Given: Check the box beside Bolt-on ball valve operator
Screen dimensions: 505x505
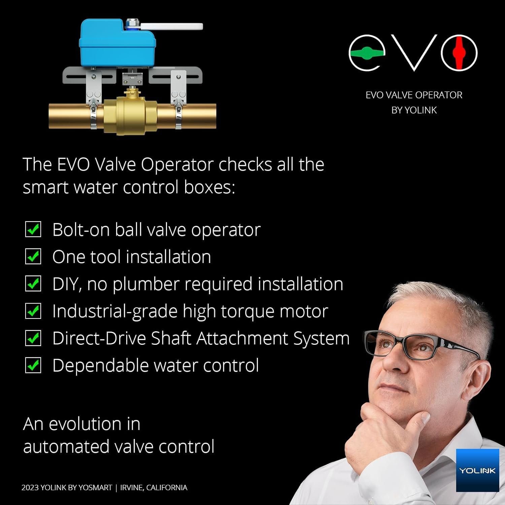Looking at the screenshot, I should [33, 230].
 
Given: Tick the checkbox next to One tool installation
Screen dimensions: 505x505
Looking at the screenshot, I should [33, 257].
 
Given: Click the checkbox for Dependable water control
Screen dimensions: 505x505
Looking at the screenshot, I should [33, 365].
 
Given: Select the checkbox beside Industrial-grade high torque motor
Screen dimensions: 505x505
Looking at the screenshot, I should [33, 311].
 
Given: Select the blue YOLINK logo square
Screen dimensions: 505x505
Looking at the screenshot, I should [477, 470].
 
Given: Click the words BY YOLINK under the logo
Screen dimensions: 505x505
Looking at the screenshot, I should [414, 110].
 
